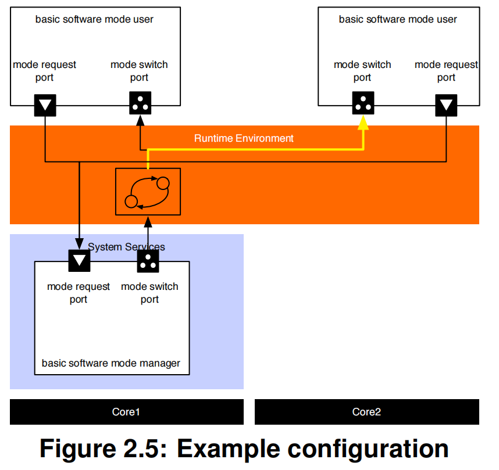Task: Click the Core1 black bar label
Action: click(126, 412)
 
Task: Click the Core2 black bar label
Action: click(366, 412)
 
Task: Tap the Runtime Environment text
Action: click(244, 138)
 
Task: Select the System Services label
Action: click(126, 247)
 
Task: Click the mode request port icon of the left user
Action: click(45, 105)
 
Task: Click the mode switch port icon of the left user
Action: click(140, 103)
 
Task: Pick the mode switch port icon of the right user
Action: click(363, 103)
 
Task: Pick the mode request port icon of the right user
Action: click(446, 105)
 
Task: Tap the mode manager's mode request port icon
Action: click(79, 260)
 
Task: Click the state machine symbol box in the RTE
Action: click(148, 191)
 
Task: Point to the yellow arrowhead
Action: click(363, 121)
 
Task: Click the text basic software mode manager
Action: click(111, 363)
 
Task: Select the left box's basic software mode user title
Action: click(94, 19)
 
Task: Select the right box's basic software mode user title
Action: click(398, 19)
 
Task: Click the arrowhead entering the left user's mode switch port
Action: click(140, 120)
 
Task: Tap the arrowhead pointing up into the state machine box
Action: click(148, 220)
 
